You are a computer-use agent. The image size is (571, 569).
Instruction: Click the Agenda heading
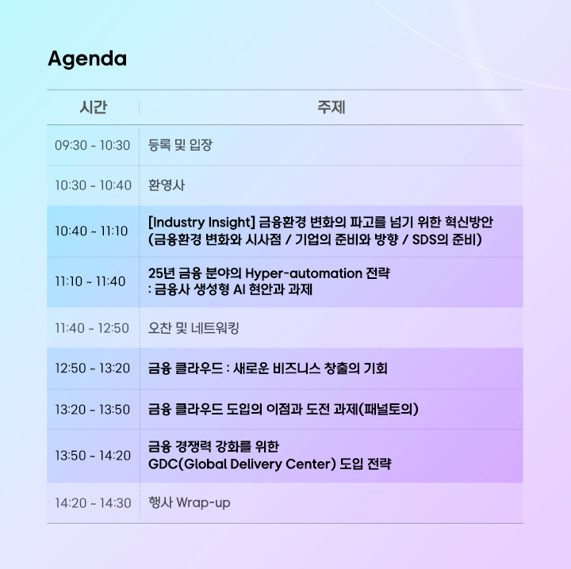click(87, 59)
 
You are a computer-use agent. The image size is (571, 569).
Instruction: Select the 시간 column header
click(94, 107)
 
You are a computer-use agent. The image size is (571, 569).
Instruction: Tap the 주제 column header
click(331, 107)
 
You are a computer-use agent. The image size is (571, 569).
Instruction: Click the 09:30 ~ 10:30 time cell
click(93, 146)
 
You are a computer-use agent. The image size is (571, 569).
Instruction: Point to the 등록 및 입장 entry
click(180, 145)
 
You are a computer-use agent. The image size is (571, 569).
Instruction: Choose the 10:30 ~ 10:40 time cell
click(93, 185)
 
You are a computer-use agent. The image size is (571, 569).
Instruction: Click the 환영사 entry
click(167, 185)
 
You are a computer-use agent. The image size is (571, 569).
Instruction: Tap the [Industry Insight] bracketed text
click(201, 222)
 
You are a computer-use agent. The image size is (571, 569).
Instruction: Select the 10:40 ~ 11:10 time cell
click(91, 231)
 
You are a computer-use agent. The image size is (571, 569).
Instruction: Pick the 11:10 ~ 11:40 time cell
click(90, 281)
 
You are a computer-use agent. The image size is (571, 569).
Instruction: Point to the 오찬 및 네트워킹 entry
click(194, 328)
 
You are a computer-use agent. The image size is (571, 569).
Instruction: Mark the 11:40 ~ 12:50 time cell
click(92, 328)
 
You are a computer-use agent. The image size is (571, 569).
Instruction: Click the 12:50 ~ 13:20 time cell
click(93, 369)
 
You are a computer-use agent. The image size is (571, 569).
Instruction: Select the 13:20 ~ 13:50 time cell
click(93, 410)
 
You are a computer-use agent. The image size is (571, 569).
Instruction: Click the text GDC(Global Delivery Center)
click(242, 464)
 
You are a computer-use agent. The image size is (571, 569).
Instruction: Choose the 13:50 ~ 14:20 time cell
click(93, 456)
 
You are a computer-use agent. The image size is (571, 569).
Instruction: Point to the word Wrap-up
click(203, 503)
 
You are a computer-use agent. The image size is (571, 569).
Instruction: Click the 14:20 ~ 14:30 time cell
click(93, 503)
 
